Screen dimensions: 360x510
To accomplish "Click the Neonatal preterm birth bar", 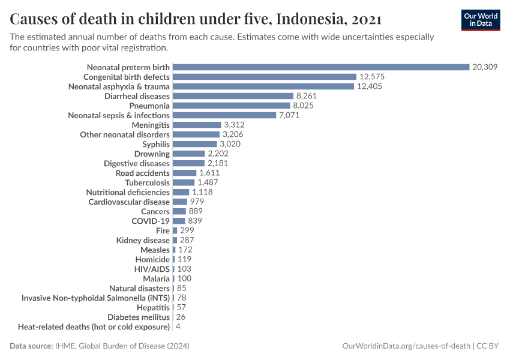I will point(320,67).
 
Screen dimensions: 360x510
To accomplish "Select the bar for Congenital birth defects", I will point(264,77).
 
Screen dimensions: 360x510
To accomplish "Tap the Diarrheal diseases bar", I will point(233,96).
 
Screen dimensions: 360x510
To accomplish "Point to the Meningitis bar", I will point(196,125).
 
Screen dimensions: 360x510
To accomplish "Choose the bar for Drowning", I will point(188,154).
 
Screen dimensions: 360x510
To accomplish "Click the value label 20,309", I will point(485,67).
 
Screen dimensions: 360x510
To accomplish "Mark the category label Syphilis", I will point(156,144).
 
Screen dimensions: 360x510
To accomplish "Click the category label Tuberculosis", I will point(147,182).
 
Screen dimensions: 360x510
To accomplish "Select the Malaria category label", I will point(156,278).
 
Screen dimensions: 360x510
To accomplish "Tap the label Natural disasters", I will point(139,288).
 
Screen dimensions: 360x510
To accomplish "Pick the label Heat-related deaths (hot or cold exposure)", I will point(94,326).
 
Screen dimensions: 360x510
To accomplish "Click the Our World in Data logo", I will point(480,20).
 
